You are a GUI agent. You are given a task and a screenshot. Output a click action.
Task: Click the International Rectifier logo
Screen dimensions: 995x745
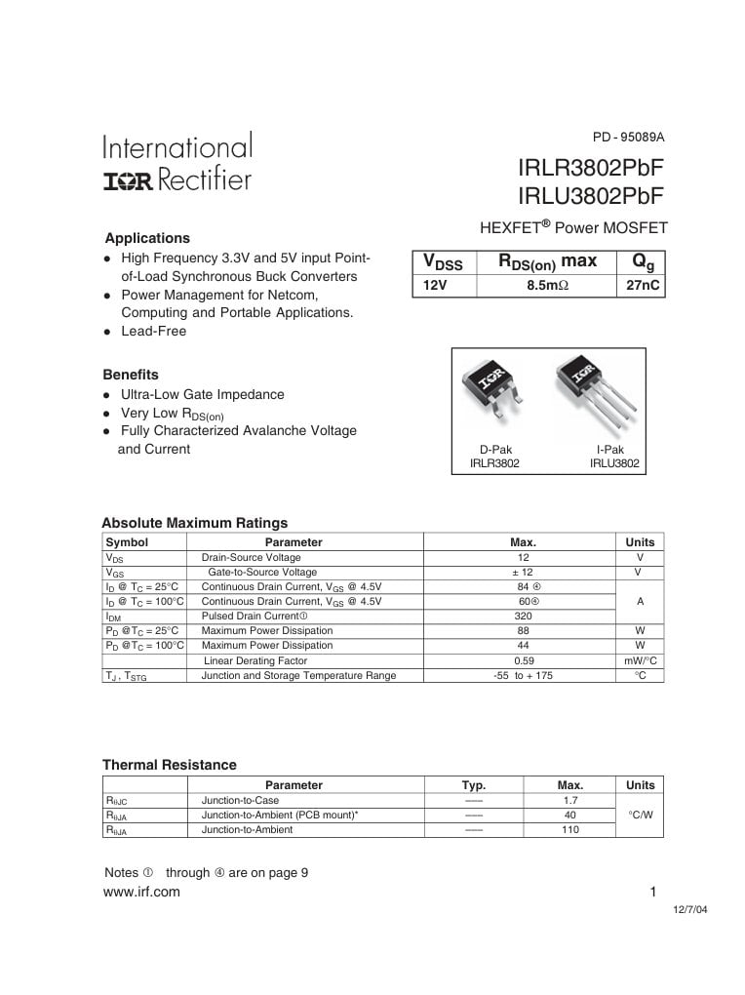coord(176,162)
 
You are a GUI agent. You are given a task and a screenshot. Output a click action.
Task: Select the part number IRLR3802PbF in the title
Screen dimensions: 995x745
coord(591,169)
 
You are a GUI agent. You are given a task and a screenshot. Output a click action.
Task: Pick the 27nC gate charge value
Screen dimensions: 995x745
coord(640,286)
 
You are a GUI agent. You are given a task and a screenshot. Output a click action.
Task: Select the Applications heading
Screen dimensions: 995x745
coord(147,238)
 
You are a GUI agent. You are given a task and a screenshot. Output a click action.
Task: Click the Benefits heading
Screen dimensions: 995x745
coord(131,375)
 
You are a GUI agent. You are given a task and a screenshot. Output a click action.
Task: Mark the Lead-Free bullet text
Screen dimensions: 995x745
coord(153,331)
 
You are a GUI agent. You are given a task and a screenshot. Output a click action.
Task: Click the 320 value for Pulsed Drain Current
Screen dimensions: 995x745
coord(523,617)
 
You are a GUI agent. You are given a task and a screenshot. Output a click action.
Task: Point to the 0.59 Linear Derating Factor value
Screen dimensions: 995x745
coord(523,660)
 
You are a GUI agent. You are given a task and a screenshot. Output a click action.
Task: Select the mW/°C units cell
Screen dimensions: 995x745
coord(640,660)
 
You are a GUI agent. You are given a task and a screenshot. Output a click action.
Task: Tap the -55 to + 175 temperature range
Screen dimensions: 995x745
coord(523,675)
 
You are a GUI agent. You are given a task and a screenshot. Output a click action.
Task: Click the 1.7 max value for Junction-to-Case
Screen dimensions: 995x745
coord(570,801)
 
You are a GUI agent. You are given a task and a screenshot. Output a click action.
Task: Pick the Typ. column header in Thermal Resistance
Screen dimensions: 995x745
coord(474,785)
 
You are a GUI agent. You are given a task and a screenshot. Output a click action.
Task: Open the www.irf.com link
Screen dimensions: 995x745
coord(141,892)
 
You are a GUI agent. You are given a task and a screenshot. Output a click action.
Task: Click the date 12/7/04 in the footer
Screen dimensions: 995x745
coord(690,909)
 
